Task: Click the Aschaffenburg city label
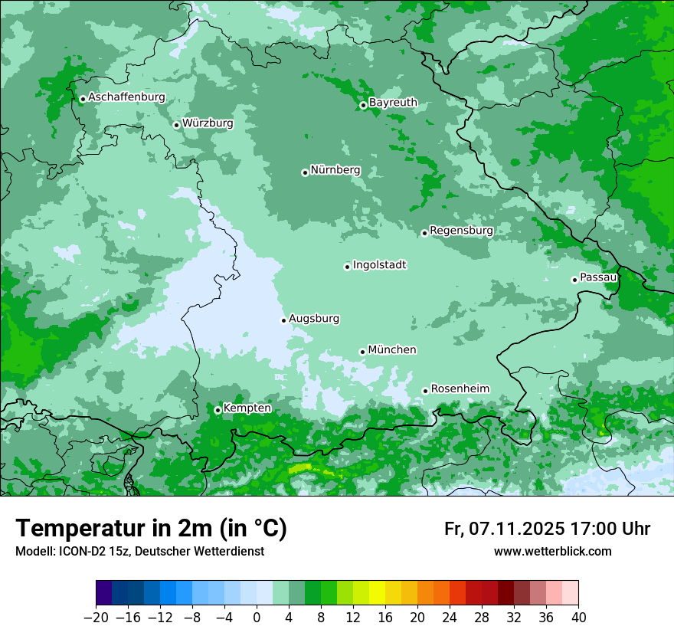[x=126, y=97]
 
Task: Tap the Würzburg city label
[x=208, y=123]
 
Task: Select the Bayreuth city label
[x=393, y=103]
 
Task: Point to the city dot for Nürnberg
[x=305, y=172]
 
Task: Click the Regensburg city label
[x=461, y=231]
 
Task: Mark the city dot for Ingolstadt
[x=347, y=267]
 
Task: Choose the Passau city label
[x=598, y=277]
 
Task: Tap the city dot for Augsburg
[x=283, y=320]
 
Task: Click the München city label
[x=392, y=350]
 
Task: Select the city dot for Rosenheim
[x=425, y=391]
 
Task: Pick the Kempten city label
[x=247, y=408]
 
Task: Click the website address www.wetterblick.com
[x=552, y=551]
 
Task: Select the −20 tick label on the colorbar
[x=96, y=618]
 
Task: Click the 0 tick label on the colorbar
[x=257, y=618]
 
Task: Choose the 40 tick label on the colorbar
[x=578, y=618]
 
